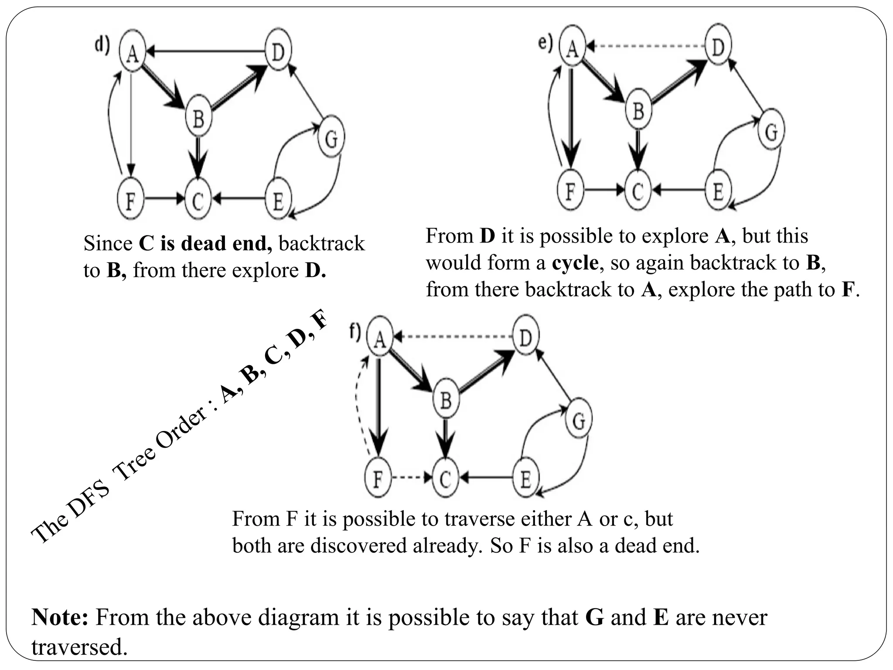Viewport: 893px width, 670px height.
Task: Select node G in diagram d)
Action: click(331, 139)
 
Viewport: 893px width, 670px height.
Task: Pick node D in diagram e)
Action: click(718, 46)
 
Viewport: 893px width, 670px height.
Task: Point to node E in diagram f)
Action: click(525, 479)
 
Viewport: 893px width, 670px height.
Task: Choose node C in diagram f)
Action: click(445, 479)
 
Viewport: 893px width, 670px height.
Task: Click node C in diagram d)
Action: click(198, 200)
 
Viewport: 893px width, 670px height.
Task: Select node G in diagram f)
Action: click(578, 420)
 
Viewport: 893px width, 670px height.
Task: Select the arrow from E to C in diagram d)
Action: click(240, 199)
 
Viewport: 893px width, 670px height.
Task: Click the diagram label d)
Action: click(103, 45)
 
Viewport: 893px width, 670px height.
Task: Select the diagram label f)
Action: click(355, 332)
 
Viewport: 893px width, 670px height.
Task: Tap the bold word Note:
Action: click(60, 617)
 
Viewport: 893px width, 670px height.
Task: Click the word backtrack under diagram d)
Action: click(321, 243)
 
